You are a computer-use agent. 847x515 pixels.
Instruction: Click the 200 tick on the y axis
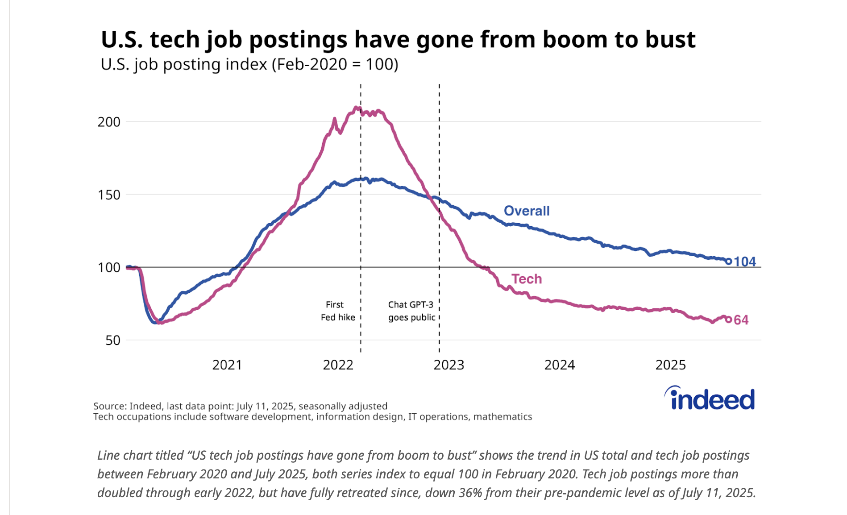pyautogui.click(x=109, y=122)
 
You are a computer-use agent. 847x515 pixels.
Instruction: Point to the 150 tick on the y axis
pyautogui.click(x=109, y=195)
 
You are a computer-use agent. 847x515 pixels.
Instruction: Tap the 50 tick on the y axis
pyautogui.click(x=113, y=341)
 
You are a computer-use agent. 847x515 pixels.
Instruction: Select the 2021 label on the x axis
pyautogui.click(x=227, y=365)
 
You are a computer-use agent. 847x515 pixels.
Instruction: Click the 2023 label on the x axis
pyautogui.click(x=448, y=365)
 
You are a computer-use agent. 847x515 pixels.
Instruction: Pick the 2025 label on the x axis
pyautogui.click(x=670, y=365)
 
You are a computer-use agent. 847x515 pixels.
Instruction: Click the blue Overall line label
pyautogui.click(x=527, y=211)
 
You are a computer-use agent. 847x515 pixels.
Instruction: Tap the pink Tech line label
pyautogui.click(x=527, y=279)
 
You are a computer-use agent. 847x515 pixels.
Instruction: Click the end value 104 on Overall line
pyautogui.click(x=745, y=262)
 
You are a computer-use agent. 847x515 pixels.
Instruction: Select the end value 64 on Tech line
pyautogui.click(x=741, y=320)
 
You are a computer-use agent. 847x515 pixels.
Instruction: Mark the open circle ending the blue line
pyautogui.click(x=729, y=262)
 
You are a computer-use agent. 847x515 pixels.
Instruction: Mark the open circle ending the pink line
pyautogui.click(x=729, y=320)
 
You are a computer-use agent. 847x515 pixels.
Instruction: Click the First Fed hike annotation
pyautogui.click(x=338, y=311)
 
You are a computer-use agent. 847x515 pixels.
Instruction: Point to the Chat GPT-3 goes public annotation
pyautogui.click(x=411, y=311)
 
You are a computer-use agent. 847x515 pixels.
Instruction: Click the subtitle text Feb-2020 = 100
pyautogui.click(x=335, y=64)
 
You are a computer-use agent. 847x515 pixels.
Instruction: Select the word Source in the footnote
pyautogui.click(x=109, y=406)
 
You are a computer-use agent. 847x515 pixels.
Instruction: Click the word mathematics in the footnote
pyautogui.click(x=502, y=417)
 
